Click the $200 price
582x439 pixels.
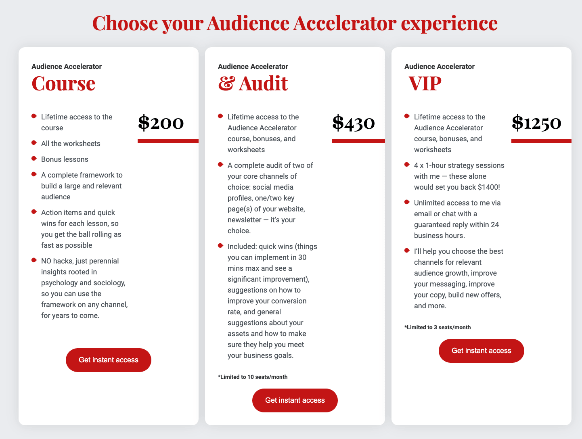(161, 123)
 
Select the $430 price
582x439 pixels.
(354, 123)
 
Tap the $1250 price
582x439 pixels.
(536, 123)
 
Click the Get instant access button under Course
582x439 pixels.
(109, 360)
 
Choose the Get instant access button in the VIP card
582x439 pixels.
(481, 351)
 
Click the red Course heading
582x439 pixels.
(63, 84)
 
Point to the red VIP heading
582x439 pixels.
(425, 84)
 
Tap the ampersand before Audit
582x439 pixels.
(226, 84)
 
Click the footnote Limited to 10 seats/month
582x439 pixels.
(253, 377)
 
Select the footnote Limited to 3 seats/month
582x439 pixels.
(438, 327)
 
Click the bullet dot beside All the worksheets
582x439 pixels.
(34, 142)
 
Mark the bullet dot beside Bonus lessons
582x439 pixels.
(34, 158)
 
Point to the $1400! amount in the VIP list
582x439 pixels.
(489, 187)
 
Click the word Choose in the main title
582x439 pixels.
(125, 23)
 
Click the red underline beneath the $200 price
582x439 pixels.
(168, 141)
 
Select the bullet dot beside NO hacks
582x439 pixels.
(34, 260)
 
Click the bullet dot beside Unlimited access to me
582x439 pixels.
(407, 202)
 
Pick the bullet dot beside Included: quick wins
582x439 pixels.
(220, 245)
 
